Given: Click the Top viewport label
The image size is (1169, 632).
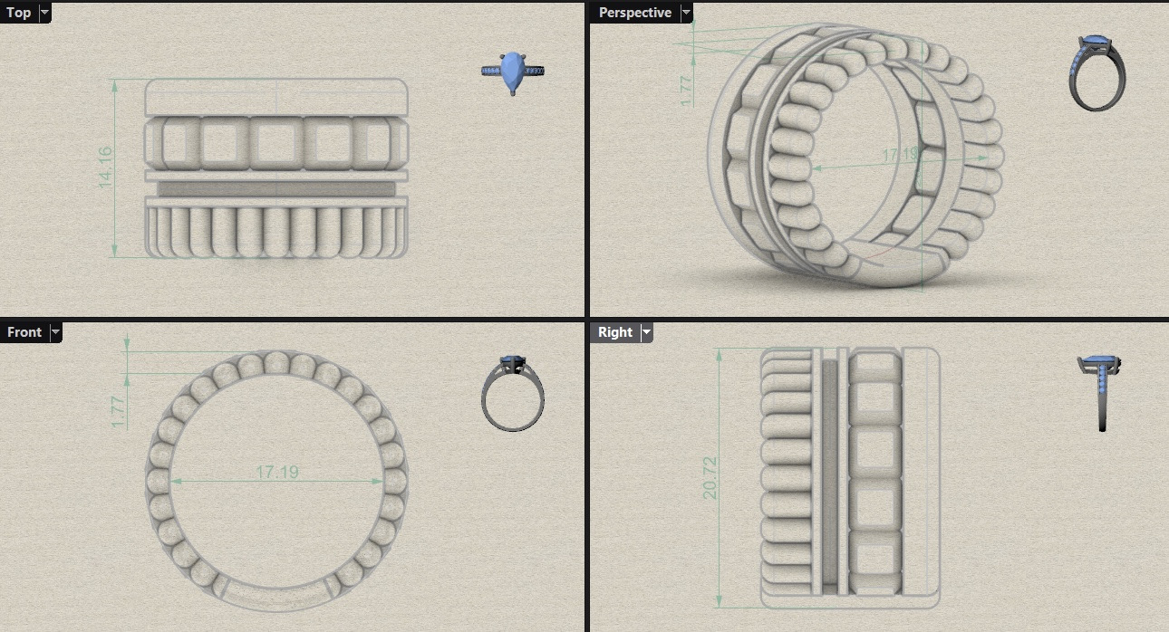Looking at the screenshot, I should (18, 13).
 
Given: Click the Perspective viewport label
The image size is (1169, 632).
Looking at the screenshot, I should (634, 13).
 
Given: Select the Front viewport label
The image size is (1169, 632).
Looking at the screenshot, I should (24, 332).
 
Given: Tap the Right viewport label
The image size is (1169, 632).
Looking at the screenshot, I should (614, 332).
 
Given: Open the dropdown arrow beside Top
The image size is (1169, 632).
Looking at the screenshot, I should (44, 13).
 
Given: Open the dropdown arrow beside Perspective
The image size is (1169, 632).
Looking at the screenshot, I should (686, 13).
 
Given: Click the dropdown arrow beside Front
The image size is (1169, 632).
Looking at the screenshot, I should (55, 332).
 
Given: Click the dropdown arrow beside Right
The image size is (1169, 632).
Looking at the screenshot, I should (646, 332).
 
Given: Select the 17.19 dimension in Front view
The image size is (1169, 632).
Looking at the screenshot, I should (277, 472).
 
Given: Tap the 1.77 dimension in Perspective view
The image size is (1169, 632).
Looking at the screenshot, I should (686, 91).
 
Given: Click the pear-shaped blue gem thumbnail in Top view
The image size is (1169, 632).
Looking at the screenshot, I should (514, 72).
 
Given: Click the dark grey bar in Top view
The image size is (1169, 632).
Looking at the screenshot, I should (276, 188).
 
